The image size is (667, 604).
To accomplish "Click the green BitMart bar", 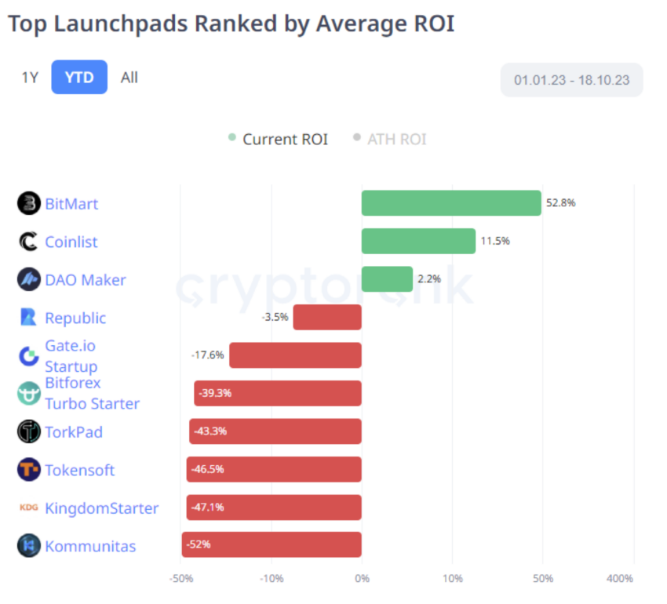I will tap(451, 203).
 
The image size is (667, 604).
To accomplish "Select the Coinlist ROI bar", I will tap(418, 241).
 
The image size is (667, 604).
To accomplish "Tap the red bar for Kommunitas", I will tap(272, 544).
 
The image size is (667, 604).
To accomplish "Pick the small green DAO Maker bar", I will tap(387, 279).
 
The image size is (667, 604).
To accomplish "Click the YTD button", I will tap(79, 77).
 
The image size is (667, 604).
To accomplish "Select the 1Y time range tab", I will tap(30, 77).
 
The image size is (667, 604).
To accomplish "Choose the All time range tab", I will tap(129, 77).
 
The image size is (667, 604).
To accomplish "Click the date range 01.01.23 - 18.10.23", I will tap(571, 80).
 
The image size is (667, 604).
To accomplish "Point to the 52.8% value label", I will tap(560, 202).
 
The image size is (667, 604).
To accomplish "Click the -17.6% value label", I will tap(207, 355).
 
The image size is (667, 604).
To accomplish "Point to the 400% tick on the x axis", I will tap(620, 578).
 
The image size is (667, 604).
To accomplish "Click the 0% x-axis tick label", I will tap(362, 578).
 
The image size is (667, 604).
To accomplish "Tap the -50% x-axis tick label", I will tap(181, 578).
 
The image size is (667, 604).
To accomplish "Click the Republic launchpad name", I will tap(75, 318).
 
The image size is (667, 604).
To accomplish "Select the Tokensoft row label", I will tap(80, 470).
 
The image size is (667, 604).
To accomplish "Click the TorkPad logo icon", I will tap(29, 431).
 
